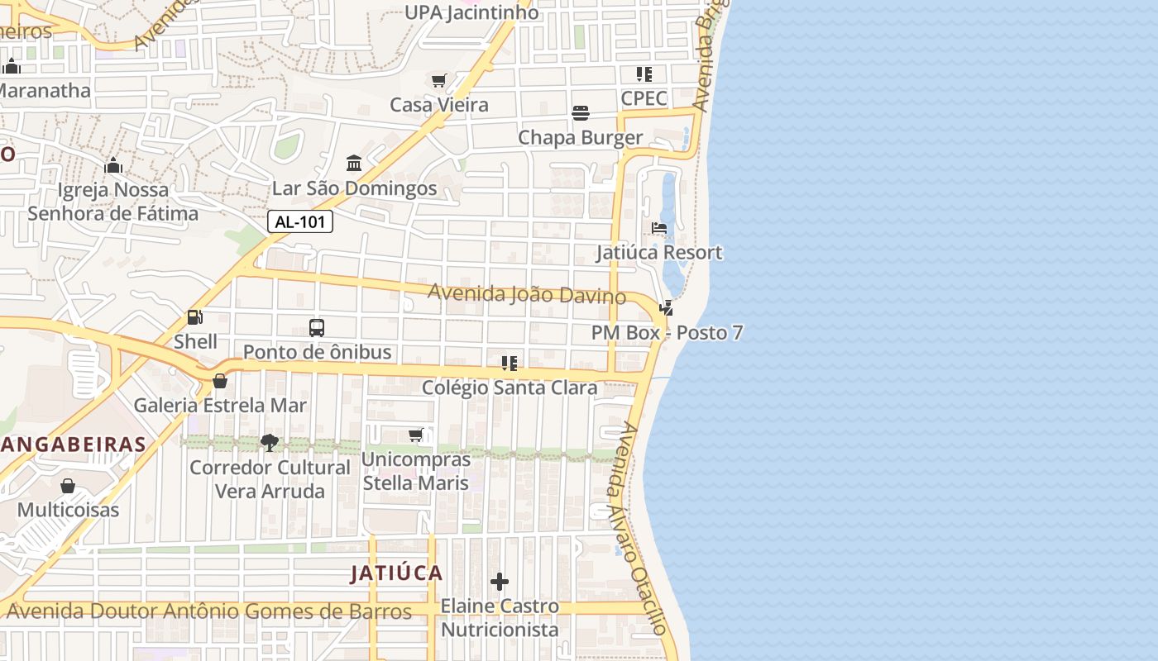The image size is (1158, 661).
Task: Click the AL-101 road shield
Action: click(300, 221)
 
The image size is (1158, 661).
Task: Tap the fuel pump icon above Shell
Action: click(195, 316)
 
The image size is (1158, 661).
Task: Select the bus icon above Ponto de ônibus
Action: click(317, 327)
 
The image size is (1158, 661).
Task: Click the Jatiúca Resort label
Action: click(659, 252)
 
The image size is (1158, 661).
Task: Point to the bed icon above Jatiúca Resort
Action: click(659, 228)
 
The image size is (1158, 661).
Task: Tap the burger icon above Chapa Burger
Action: click(581, 113)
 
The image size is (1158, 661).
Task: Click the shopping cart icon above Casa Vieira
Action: click(439, 80)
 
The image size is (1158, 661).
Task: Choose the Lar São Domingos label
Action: click(354, 188)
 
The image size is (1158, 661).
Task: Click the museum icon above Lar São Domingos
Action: click(354, 164)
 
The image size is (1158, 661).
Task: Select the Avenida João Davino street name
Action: click(526, 293)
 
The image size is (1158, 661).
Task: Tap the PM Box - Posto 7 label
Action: click(667, 333)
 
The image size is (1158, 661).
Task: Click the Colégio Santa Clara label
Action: click(510, 388)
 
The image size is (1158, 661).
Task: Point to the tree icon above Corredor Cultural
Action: click(270, 443)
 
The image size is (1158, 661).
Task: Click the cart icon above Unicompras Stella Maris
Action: click(416, 435)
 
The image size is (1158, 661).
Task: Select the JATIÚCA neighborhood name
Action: click(396, 573)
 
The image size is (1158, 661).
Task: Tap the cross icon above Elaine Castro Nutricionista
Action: click(500, 582)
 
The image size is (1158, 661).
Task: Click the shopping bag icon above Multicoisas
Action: click(68, 486)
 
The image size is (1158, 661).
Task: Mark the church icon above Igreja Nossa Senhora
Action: click(113, 166)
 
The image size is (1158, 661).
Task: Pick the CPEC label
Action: click(644, 98)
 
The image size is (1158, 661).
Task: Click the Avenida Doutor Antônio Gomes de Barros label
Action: click(208, 612)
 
